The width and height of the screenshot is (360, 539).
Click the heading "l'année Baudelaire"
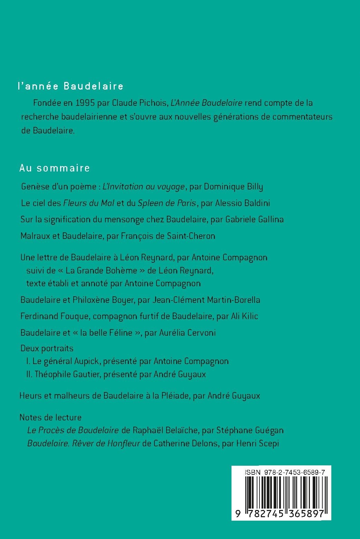point(71,86)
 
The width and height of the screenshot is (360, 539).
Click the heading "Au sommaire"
point(55,168)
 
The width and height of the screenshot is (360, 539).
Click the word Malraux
point(34,236)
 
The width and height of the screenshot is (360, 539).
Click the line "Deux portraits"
point(47,348)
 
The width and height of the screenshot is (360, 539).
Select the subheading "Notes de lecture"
point(50,417)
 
